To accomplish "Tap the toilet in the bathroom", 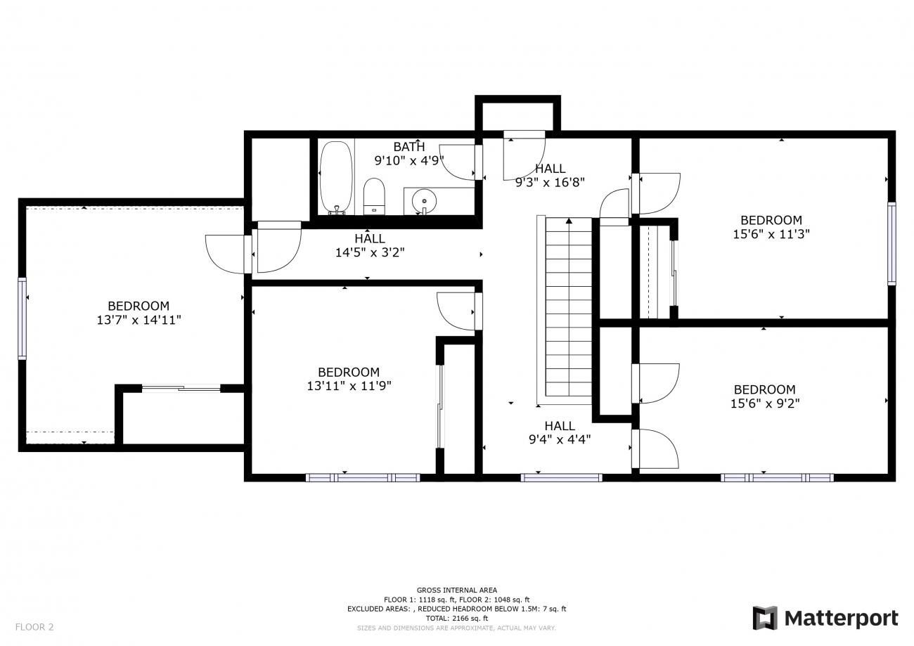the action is click(374, 196).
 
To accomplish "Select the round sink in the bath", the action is click(425, 201).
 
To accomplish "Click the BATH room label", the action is click(409, 147).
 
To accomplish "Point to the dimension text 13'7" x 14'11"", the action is click(139, 320).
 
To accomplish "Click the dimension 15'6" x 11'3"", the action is click(771, 234).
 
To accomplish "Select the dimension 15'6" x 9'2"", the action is click(765, 403).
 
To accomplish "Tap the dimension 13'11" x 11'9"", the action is click(349, 386).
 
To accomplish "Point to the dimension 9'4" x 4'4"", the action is click(560, 439).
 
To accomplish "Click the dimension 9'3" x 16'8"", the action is click(550, 182).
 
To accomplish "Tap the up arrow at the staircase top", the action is click(569, 221).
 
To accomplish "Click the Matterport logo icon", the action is click(765, 618).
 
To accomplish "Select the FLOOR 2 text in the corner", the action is click(34, 627).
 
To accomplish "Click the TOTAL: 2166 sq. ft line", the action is click(456, 618).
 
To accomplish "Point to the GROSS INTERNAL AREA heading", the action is click(456, 590).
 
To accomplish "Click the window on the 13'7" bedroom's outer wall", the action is click(22, 318).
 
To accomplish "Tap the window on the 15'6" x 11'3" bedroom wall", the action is click(892, 243).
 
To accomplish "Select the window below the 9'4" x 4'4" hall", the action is click(562, 477).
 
